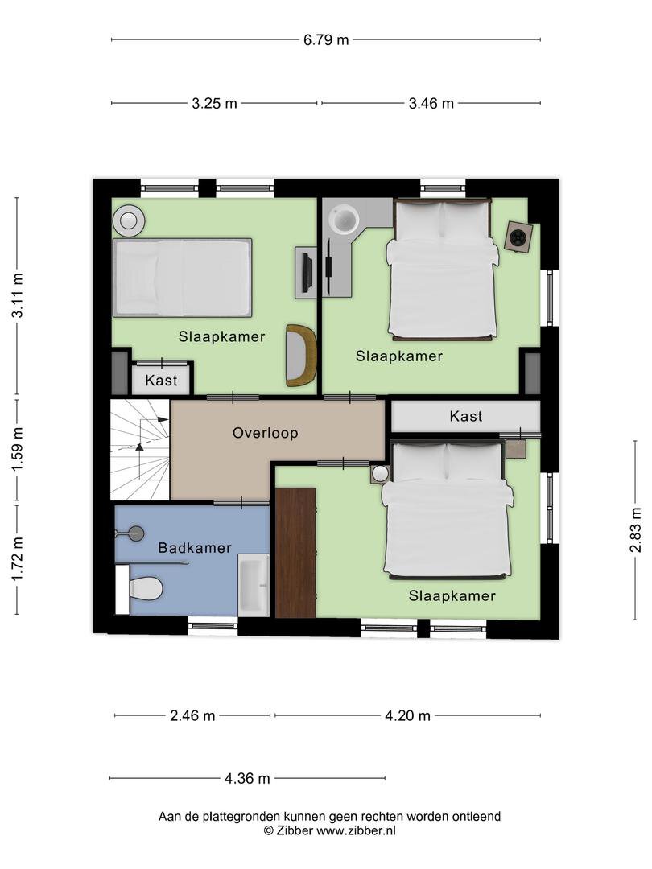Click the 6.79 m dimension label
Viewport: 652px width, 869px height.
pos(326,40)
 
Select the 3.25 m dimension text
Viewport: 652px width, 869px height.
pos(215,103)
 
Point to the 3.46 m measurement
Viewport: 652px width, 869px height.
pos(431,103)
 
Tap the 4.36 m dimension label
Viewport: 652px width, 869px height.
pos(247,779)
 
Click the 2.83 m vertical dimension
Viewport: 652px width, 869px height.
pos(636,529)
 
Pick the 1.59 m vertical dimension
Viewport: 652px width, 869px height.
pos(17,449)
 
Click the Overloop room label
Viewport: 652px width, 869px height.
pos(266,433)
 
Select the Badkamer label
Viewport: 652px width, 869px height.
pos(195,548)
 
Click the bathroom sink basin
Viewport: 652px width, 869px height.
pos(254,585)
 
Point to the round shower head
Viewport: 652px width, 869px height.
pos(135,533)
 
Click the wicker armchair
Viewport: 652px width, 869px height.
pos(300,356)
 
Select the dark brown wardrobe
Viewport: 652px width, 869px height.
pos(295,553)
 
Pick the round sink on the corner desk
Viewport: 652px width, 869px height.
pos(345,220)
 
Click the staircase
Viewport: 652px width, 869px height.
pos(140,450)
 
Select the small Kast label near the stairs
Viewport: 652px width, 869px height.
pos(161,380)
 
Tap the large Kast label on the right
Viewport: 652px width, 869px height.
pos(466,416)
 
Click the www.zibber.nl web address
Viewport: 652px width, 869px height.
pos(356,830)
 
